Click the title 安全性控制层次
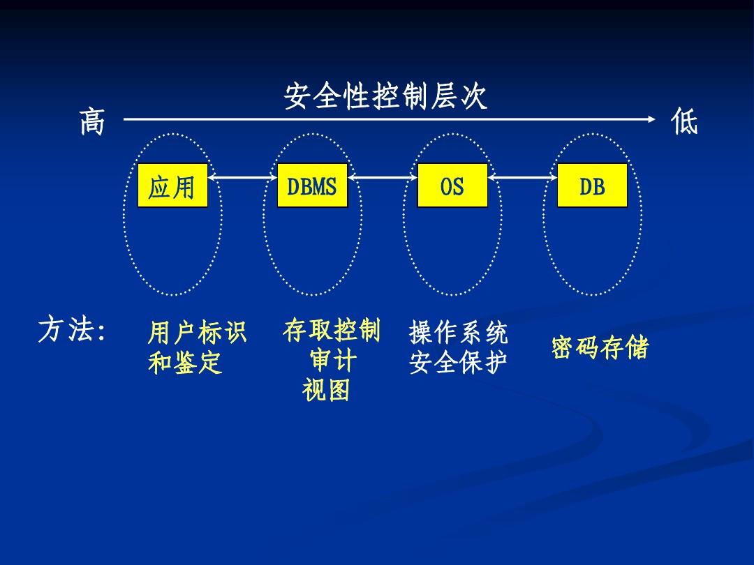point(385,96)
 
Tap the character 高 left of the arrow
point(92,121)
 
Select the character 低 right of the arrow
point(683,121)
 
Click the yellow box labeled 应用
point(172,186)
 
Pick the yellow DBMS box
point(312,186)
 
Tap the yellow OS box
point(452,186)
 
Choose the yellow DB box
point(592,186)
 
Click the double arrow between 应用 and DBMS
point(243,177)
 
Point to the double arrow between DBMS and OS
point(383,177)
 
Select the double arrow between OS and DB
point(522,177)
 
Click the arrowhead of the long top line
point(651,119)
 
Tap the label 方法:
point(71,330)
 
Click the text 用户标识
point(197,332)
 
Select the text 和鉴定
point(184,362)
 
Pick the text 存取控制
point(332,330)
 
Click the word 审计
point(333,360)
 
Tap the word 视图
point(326,389)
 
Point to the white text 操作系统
point(458,332)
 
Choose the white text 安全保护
point(458,362)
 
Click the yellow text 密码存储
point(600,347)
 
